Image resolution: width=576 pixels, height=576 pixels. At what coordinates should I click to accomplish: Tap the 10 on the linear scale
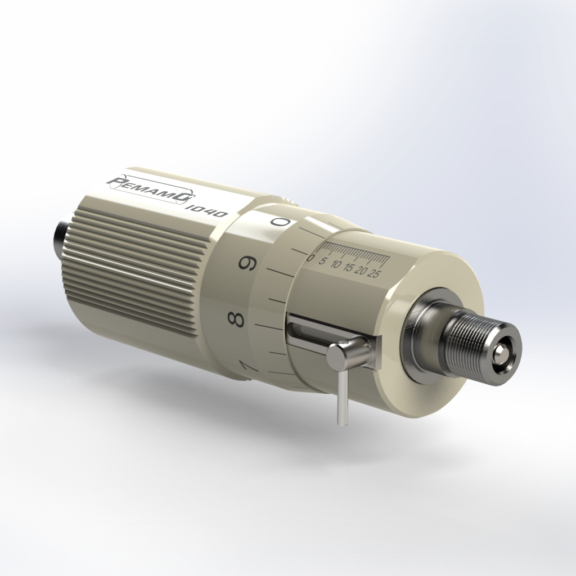pyautogui.click(x=336, y=265)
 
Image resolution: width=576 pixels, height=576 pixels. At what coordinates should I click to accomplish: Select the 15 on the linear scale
pyautogui.click(x=349, y=268)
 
